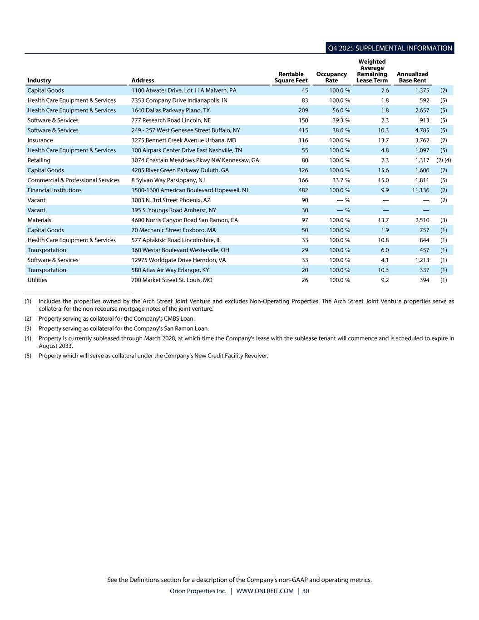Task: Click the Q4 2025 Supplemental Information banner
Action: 390,48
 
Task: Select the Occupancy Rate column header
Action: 331,77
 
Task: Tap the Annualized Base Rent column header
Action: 412,77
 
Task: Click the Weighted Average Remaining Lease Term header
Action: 372,71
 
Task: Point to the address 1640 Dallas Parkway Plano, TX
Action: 170,110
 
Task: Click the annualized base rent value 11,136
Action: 420,190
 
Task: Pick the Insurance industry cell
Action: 40,140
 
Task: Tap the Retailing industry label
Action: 39,160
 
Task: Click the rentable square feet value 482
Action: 303,190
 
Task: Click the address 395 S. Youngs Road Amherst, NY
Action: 174,210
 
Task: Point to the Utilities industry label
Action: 37,280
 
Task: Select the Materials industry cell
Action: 40,220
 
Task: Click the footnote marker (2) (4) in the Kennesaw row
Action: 444,160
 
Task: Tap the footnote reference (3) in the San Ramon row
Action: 444,220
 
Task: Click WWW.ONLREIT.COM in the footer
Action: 265,591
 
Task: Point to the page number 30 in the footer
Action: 306,591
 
